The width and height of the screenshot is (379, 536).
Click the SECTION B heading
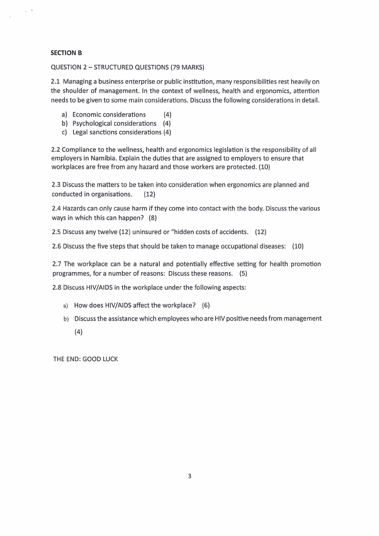[66, 52]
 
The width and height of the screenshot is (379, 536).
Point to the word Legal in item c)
[81, 132]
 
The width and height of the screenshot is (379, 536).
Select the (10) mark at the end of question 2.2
[264, 167]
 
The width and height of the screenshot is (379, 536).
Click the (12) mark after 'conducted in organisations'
[149, 194]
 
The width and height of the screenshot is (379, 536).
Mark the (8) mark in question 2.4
[152, 218]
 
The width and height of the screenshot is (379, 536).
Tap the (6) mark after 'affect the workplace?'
[206, 305]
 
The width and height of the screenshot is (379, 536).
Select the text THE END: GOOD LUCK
[85, 359]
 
